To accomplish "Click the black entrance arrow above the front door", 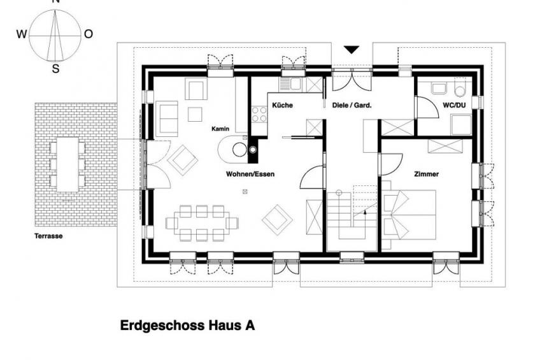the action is coord(352,50).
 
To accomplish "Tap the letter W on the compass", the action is coord(22,34).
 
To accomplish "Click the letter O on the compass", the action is coord(89,34).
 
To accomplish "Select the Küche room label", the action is coord(282,105).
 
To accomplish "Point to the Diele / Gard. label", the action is coord(352,105).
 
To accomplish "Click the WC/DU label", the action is coord(454,105).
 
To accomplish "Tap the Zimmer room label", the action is coord(427,174).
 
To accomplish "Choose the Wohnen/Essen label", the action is coord(250,174).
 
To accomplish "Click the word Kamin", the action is coord(220,129).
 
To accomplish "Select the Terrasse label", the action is coord(48,236).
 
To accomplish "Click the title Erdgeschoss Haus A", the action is coord(187,326).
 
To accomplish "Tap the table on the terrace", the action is coord(67,164).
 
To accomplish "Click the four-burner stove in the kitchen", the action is coord(259,115).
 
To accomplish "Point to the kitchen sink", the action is coord(290,83).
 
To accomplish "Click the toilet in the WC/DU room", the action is coord(460,89).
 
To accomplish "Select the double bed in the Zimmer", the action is coord(409,215).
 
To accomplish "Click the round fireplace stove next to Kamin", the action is coord(239,150).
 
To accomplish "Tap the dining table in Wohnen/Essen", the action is coord(202,223).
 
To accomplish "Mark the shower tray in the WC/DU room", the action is coord(462,125).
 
